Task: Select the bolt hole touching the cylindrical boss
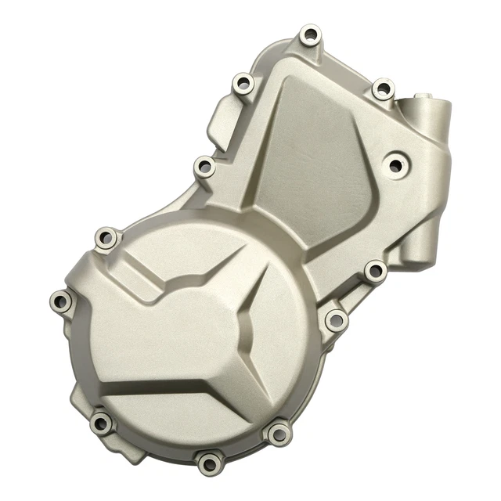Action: click(382, 88)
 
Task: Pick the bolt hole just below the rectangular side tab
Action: click(204, 167)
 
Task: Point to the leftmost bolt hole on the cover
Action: click(60, 300)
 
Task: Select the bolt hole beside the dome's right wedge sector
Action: click(335, 319)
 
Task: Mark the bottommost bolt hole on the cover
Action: click(209, 462)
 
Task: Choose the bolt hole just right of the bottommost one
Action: click(278, 433)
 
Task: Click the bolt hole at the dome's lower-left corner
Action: click(101, 424)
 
